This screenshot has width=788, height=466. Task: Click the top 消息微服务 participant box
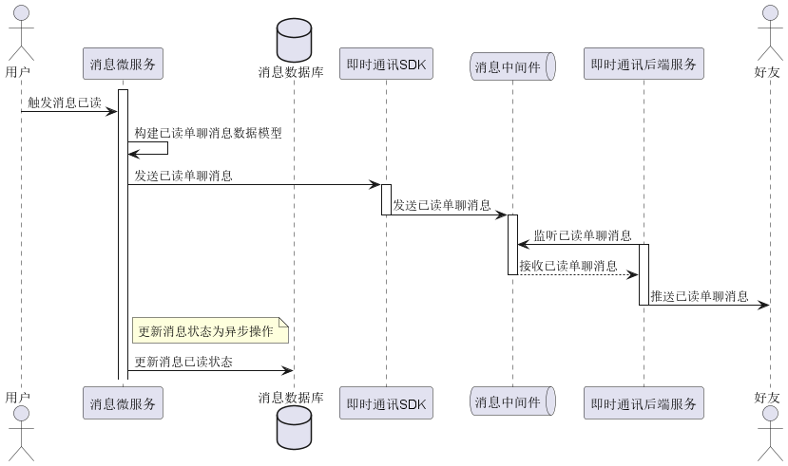(x=123, y=65)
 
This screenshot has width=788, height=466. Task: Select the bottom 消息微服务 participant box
(x=123, y=403)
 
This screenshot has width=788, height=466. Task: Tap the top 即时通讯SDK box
(x=386, y=65)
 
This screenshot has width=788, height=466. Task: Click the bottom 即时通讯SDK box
(x=386, y=403)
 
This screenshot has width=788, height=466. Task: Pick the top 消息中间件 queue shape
(x=512, y=65)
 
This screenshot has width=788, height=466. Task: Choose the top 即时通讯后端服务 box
(x=644, y=65)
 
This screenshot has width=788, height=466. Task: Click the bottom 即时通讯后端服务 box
(x=644, y=403)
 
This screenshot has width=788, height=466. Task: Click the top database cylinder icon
(x=294, y=38)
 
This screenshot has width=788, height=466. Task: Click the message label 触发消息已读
(x=65, y=103)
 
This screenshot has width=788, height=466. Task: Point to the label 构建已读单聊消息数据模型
(x=208, y=134)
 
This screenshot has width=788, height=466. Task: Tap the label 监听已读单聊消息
(x=583, y=235)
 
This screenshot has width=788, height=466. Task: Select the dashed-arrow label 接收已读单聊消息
(x=567, y=266)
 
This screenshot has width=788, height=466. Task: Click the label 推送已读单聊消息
(x=699, y=296)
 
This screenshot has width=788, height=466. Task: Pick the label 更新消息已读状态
(x=183, y=362)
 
